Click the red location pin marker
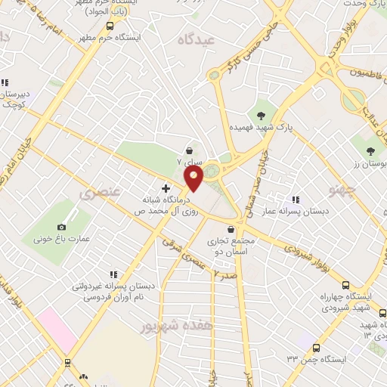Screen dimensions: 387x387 pyautogui.click(x=193, y=178)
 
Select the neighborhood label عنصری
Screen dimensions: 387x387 pyautogui.click(x=101, y=193)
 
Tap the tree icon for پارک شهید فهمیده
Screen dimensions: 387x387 pyautogui.click(x=262, y=116)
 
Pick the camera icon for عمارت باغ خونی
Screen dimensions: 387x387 pyautogui.click(x=61, y=227)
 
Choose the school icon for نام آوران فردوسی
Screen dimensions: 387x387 pyautogui.click(x=113, y=274)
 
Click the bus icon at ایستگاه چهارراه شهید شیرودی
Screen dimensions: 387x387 pyautogui.click(x=345, y=285)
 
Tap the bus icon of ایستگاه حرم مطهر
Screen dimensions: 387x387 pyautogui.click(x=110, y=25)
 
